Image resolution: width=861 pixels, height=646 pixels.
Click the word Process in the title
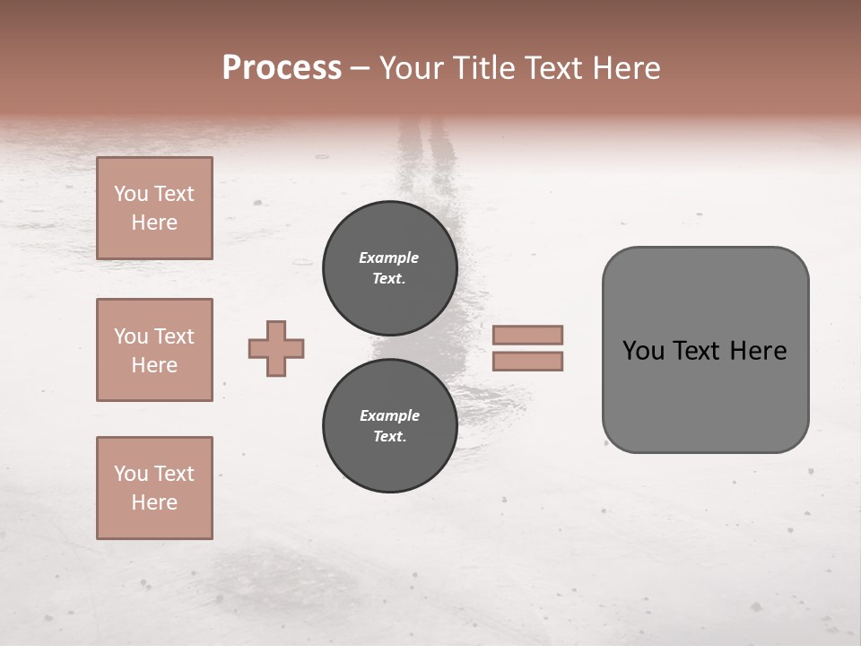click(282, 68)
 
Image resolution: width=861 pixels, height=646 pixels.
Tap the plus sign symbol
click(276, 349)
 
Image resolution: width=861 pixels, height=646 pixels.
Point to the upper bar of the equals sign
click(528, 335)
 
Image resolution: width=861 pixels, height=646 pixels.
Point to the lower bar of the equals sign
click(528, 361)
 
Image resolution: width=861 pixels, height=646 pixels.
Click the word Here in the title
click(626, 68)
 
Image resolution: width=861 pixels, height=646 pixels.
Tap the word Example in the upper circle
click(388, 258)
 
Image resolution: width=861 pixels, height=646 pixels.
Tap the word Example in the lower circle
click(389, 415)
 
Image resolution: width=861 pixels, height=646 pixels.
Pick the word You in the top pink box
click(131, 194)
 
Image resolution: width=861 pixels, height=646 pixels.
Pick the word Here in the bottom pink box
click(154, 502)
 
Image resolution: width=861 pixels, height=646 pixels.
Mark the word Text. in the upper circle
click(388, 278)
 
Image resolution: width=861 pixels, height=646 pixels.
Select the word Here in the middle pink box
click(154, 365)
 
